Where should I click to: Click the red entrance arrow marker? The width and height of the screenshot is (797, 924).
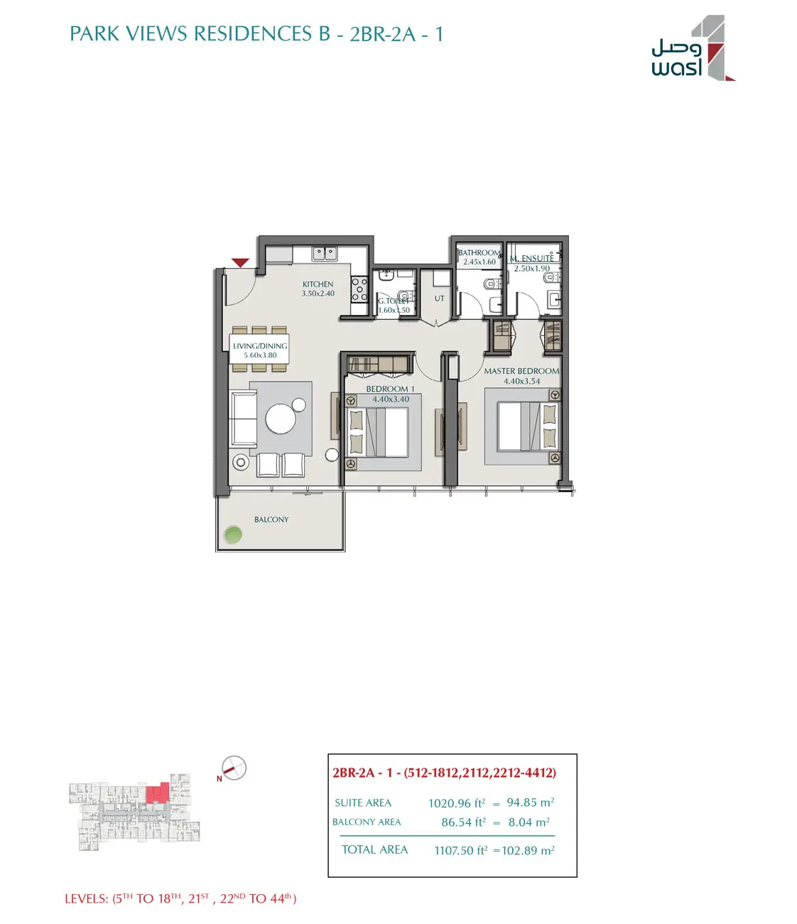point(240,263)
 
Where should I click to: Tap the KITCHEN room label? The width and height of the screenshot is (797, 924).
point(318,284)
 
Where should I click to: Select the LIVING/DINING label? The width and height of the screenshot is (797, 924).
point(260,346)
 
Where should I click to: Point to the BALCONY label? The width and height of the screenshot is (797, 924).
point(271,520)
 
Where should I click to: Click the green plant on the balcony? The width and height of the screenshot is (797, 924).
point(233,534)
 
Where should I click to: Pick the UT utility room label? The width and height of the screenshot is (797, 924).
point(439,299)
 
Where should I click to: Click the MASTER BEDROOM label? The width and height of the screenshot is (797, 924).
point(521,371)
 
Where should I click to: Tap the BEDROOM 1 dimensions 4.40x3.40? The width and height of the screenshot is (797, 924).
point(391,399)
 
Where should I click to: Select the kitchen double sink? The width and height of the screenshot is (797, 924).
point(325,254)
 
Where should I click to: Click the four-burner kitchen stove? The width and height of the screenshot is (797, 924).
point(359,289)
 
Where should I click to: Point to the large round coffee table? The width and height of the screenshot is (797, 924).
point(280,419)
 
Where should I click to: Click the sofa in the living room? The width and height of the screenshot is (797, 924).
point(243,419)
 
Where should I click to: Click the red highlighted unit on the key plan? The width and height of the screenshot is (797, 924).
point(158,793)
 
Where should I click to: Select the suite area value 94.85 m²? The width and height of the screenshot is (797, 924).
point(531,802)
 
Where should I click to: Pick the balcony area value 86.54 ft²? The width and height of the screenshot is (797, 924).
point(463,822)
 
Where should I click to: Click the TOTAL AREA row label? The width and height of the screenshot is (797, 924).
point(375,850)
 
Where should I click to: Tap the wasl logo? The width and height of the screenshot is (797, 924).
point(693,48)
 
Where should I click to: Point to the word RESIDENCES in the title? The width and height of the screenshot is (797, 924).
point(254,34)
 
